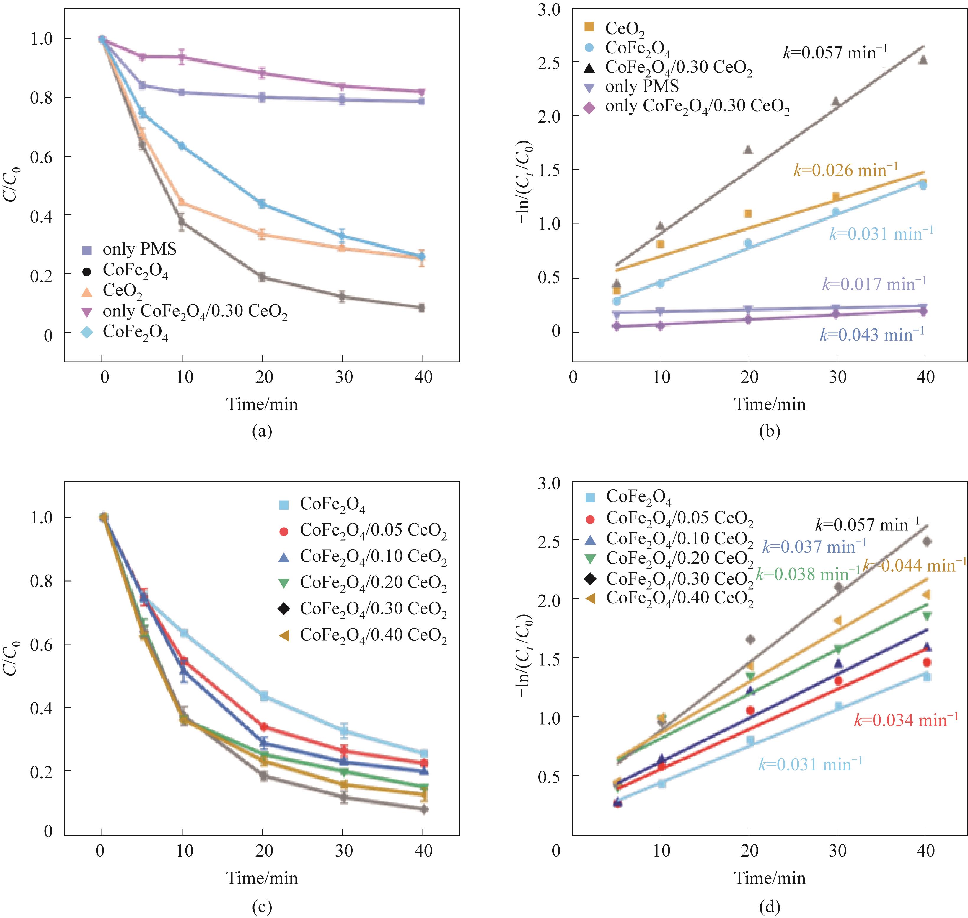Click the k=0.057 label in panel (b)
[835, 52]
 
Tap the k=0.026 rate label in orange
[845, 170]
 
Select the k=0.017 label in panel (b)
[874, 284]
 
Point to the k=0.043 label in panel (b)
[872, 335]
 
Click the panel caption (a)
[262, 431]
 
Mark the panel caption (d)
[770, 907]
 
